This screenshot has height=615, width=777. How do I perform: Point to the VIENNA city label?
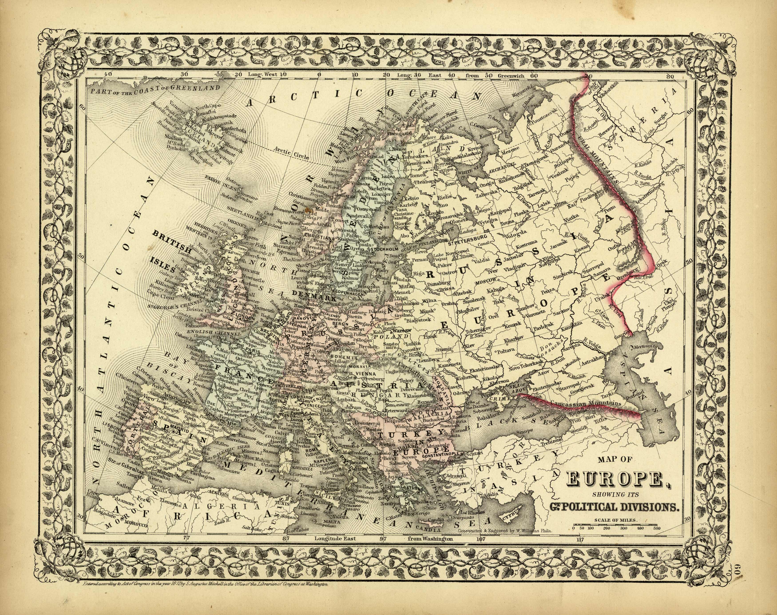(x=365, y=373)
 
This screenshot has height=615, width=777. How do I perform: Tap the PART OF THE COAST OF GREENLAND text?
(x=156, y=88)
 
